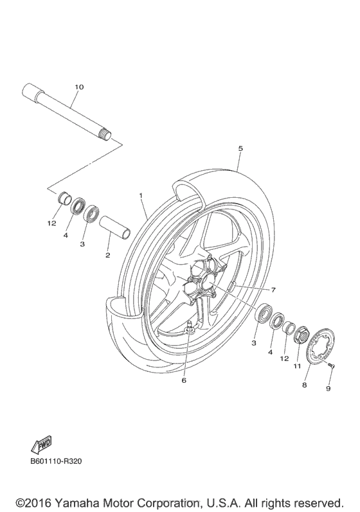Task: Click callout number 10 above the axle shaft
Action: [79, 86]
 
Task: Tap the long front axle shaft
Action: [67, 112]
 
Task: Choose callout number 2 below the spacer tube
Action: [107, 255]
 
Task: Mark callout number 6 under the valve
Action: [183, 380]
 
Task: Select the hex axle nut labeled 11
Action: [300, 335]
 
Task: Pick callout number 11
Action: [297, 366]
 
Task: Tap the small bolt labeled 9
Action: [330, 365]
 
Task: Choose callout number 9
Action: [328, 389]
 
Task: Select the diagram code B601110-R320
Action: [57, 461]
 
